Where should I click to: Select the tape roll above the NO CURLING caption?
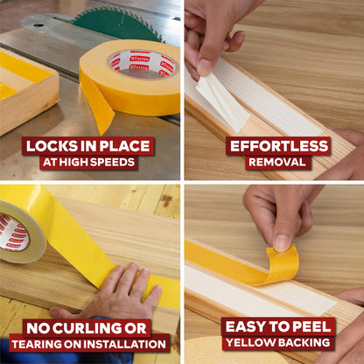(x=19, y=232)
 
